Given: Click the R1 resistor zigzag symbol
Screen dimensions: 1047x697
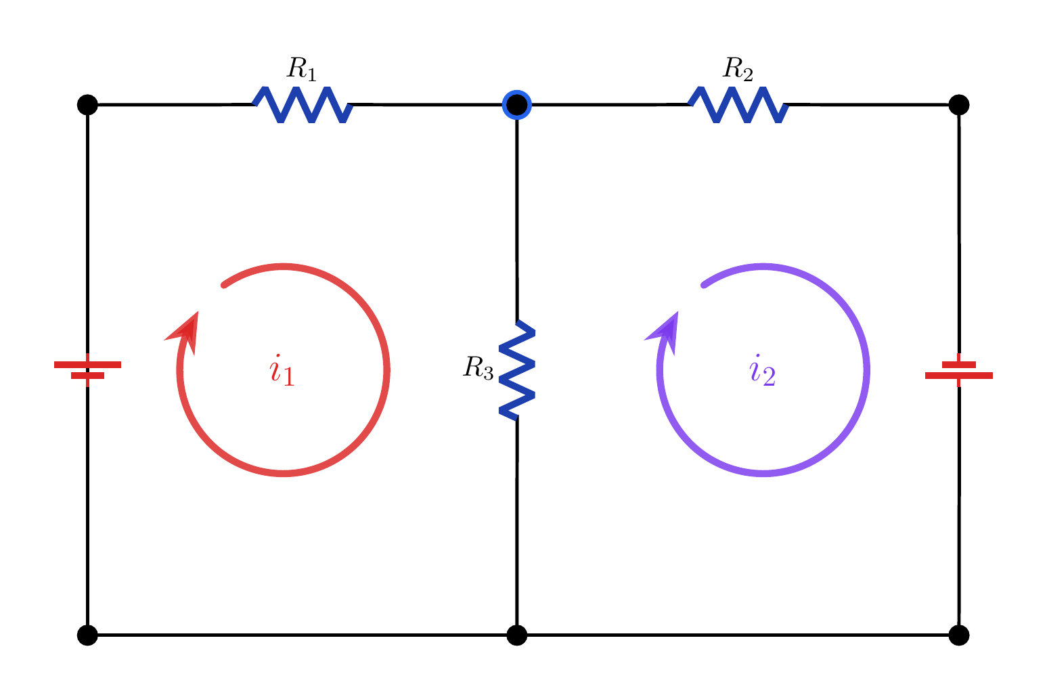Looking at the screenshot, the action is pos(303,105).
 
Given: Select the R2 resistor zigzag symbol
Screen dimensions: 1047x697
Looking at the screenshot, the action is pos(738,105).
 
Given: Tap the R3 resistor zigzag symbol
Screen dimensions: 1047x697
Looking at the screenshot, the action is pos(517,370).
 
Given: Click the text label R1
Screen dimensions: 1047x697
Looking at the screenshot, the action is pos(301,69).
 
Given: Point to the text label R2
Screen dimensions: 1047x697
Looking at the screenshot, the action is pos(738,69).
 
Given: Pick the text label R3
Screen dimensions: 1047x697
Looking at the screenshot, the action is pos(478,367).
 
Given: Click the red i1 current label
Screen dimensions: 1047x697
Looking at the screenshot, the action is pos(282,370).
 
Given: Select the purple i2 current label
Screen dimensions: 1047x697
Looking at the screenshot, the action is pos(762,370).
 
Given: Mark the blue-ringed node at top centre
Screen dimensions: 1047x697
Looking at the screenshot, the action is pos(517,105).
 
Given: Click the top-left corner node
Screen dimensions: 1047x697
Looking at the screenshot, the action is pos(87,105).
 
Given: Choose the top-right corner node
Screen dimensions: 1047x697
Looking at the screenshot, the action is pos(959,105).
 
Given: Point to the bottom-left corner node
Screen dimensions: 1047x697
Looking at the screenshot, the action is pos(87,635).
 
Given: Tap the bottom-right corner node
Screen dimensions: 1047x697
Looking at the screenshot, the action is pos(959,635).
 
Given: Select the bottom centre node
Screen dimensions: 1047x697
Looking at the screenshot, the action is pos(517,635).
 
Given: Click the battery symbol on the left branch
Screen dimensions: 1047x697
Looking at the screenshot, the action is pos(87,370).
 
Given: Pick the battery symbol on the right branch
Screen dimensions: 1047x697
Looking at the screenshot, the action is pos(959,370).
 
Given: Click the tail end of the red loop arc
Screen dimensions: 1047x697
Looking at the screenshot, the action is pos(224,285).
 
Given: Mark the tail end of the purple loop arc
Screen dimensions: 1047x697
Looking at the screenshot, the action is pos(704,285).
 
